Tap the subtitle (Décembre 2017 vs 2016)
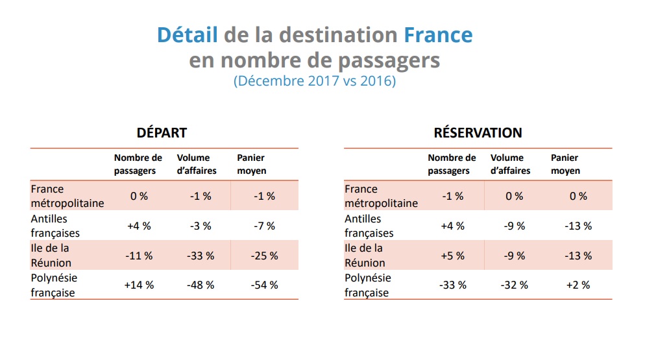coord(314,82)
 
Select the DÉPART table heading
coord(162,133)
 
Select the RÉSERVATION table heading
coord(478,133)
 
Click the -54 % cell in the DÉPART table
coord(264,285)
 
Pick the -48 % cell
coord(201,285)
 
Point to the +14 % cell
coord(138,285)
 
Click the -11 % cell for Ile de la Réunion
coord(138,256)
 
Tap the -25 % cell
coord(264,256)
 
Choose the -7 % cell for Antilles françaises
coord(264,226)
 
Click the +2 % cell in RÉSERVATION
coord(577,285)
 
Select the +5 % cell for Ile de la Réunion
coord(452,256)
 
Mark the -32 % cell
coord(515,285)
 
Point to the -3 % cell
coord(201,226)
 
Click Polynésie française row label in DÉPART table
coord(54,285)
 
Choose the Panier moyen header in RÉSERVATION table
coord(565,164)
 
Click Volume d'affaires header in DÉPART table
coord(197,164)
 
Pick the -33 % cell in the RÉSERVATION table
coord(452,285)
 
